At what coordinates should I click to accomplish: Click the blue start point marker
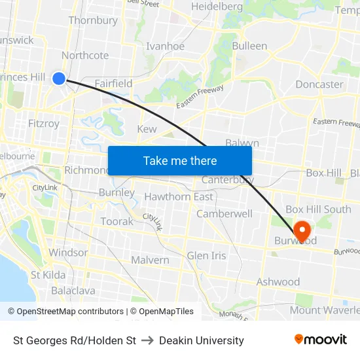pyautogui.click(x=59, y=79)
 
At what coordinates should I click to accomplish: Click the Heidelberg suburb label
pyautogui.click(x=217, y=7)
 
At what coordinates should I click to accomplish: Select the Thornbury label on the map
pyautogui.click(x=93, y=20)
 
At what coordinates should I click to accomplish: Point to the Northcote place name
pyautogui.click(x=85, y=55)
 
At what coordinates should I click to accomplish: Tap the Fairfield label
pyautogui.click(x=113, y=83)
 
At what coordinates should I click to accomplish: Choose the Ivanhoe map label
pyautogui.click(x=165, y=46)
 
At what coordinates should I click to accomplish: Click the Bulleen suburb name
pyautogui.click(x=249, y=46)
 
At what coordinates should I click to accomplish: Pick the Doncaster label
pyautogui.click(x=319, y=84)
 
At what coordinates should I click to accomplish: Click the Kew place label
pyautogui.click(x=147, y=129)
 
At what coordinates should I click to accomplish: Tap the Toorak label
pyautogui.click(x=117, y=221)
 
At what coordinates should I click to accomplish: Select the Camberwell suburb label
pyautogui.click(x=225, y=213)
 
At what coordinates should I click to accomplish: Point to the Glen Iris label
pyautogui.click(x=206, y=255)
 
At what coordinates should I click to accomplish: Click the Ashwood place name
pyautogui.click(x=278, y=282)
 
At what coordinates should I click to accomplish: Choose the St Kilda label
pyautogui.click(x=48, y=275)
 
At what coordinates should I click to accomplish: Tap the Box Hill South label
pyautogui.click(x=318, y=209)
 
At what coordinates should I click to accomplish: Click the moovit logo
pyautogui.click(x=321, y=339)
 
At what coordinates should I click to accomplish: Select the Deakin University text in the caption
pyautogui.click(x=202, y=340)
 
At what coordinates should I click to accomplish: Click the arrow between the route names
pyautogui.click(x=147, y=340)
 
